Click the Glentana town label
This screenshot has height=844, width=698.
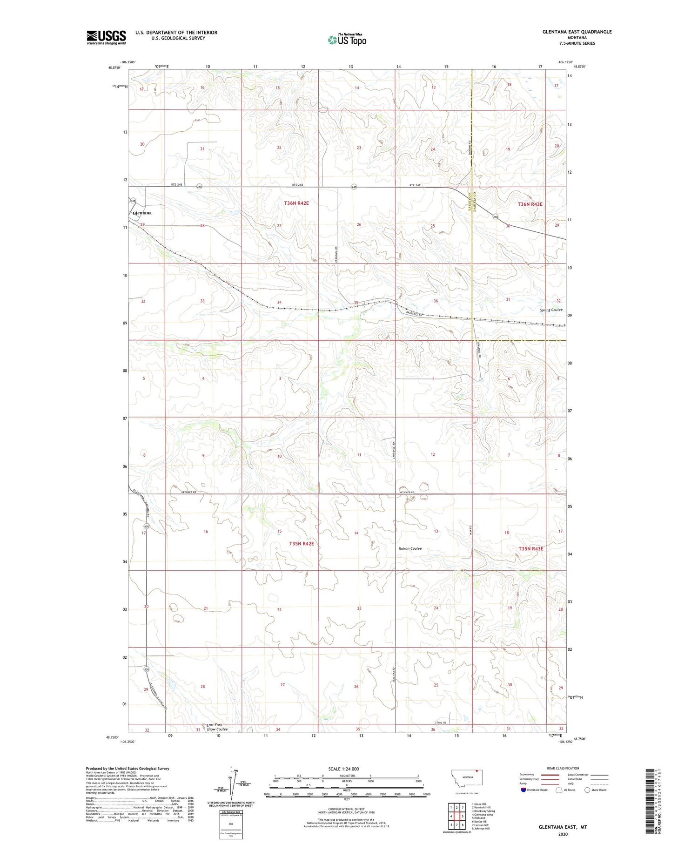[142, 213]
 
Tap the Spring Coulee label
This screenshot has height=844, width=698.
[551, 310]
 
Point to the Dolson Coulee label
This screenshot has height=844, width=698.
[410, 548]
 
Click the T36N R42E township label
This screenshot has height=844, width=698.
[296, 203]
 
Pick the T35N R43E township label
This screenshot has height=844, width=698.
[530, 548]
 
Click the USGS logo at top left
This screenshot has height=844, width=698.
[106, 37]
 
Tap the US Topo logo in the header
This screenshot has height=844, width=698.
[347, 40]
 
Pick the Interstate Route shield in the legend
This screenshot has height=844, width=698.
[523, 790]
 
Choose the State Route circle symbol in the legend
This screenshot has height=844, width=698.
[587, 790]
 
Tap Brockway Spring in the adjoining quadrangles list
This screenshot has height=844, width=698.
[483, 811]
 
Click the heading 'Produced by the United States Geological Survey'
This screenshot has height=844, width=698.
[128, 769]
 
